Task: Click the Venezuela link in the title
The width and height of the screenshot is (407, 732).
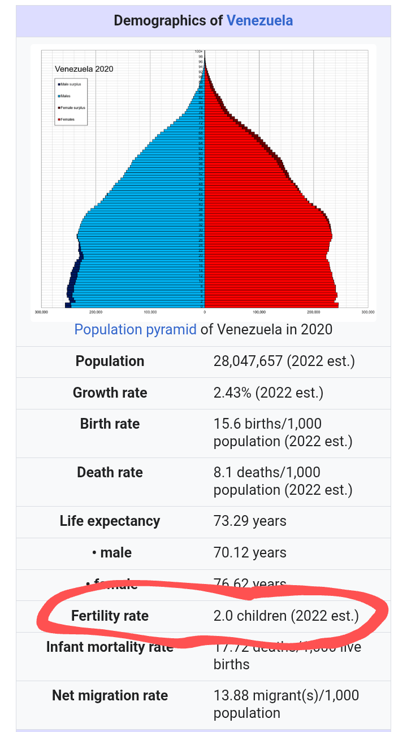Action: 259,21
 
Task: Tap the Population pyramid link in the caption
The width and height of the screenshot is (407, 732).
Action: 136,329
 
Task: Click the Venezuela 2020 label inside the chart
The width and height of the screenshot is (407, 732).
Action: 84,69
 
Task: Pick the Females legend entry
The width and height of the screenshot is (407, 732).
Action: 67,119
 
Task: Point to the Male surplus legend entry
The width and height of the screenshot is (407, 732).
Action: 71,84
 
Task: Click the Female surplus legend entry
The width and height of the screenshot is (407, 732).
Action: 72,107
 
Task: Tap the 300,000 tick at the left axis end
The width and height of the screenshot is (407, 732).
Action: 41,312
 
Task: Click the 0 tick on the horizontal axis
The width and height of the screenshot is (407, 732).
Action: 205,312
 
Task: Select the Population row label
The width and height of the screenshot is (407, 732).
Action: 110,361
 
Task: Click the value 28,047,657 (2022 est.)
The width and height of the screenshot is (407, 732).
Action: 284,361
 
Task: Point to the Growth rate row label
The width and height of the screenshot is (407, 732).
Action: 110,393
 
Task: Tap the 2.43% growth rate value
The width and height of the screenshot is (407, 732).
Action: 268,393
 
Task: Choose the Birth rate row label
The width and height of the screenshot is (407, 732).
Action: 110,424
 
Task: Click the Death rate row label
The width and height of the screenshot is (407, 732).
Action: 110,472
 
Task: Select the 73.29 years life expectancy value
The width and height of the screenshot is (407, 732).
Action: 250,521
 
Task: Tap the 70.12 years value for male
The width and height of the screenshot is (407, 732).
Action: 250,552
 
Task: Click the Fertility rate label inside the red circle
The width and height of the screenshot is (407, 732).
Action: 110,616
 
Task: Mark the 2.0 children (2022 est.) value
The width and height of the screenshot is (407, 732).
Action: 286,616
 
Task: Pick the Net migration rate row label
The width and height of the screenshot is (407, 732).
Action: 110,696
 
